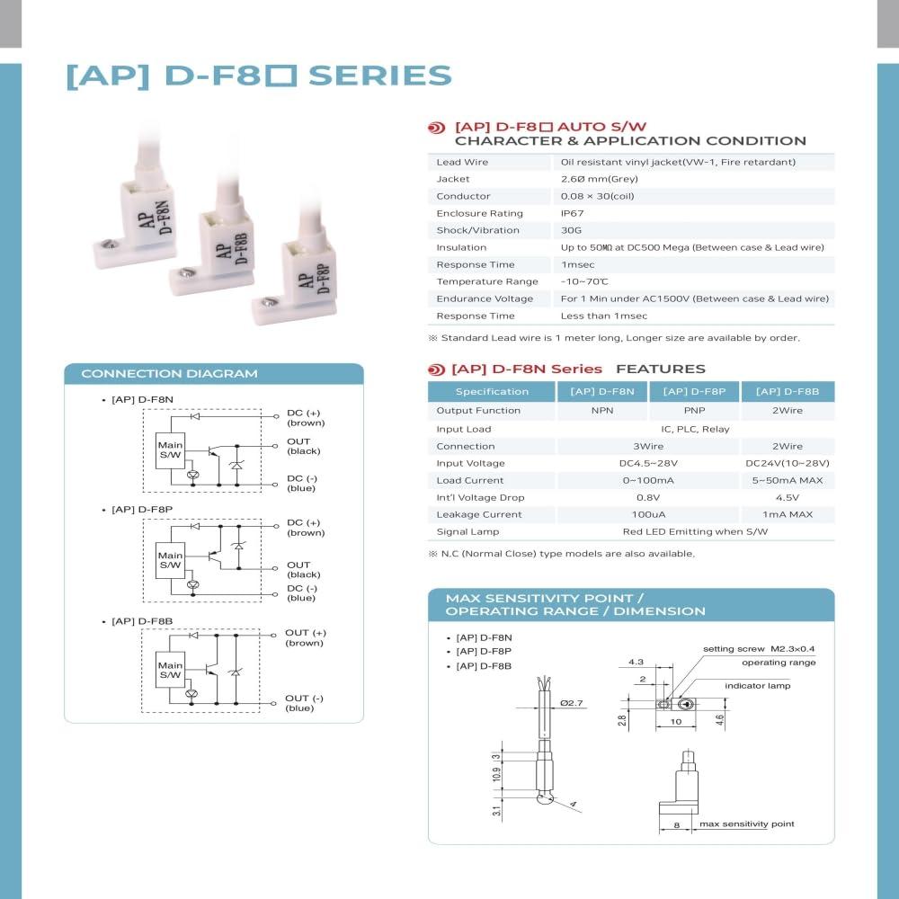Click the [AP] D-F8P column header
tap(693, 391)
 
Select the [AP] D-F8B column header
tap(788, 391)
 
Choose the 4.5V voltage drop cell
tap(788, 497)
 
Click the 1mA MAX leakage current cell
tap(788, 514)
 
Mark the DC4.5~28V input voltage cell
tap(648, 463)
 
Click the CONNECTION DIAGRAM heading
tap(169, 374)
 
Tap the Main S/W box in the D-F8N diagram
tap(170, 449)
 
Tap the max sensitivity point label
tap(747, 823)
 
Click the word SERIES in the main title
tap(379, 76)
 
